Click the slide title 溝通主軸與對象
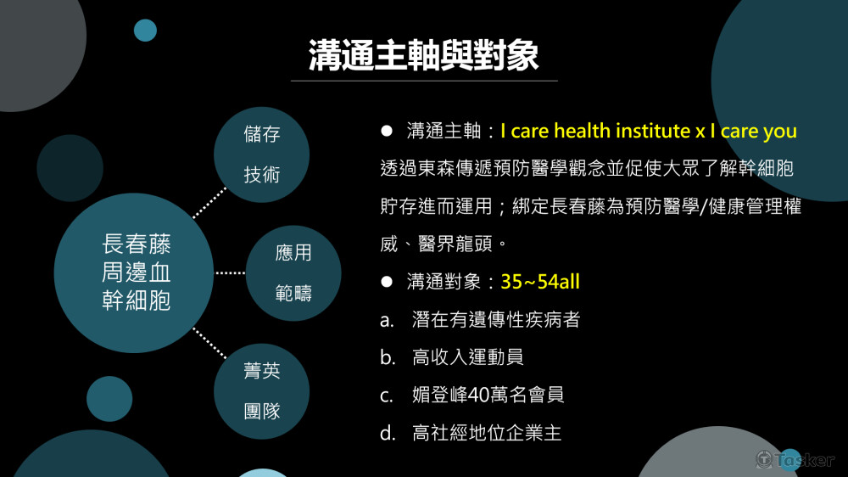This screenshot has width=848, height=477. (x=423, y=55)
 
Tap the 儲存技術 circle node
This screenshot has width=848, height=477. (x=262, y=154)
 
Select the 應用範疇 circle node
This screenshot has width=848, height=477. (x=293, y=273)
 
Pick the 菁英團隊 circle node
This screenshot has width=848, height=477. (x=262, y=391)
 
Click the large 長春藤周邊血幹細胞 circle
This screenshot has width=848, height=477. (x=134, y=273)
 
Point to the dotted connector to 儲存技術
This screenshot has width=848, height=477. (x=209, y=203)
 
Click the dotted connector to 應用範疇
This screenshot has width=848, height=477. (x=231, y=273)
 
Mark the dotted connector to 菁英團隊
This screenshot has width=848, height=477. (x=209, y=343)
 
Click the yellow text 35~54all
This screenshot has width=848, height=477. (x=540, y=282)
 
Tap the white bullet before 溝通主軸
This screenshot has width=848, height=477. (x=387, y=131)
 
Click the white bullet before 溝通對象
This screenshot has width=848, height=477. (x=387, y=282)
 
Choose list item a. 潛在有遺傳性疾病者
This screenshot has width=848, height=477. (x=480, y=319)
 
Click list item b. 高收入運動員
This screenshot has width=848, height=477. (x=452, y=357)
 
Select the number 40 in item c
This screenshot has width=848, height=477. (x=478, y=396)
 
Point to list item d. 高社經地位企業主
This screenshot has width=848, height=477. (x=471, y=433)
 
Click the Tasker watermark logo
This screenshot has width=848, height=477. (x=795, y=460)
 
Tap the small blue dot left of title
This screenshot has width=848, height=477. (x=145, y=31)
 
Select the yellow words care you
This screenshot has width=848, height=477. (x=759, y=131)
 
